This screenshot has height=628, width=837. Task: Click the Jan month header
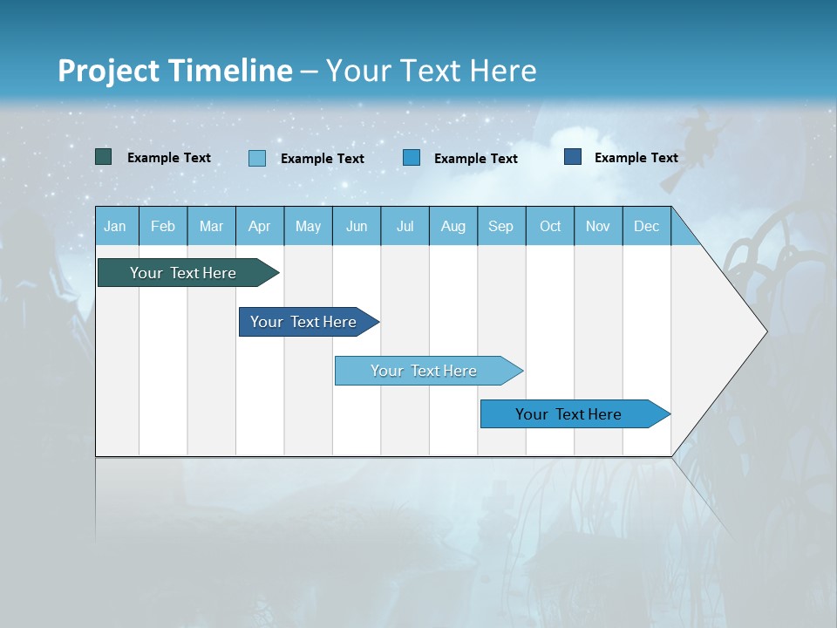click(x=115, y=227)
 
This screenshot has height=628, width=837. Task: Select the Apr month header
click(x=259, y=227)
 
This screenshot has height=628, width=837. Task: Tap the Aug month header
click(x=453, y=227)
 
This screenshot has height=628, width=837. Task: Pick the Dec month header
click(x=646, y=227)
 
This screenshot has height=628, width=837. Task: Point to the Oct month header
click(x=549, y=227)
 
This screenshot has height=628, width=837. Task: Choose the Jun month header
click(x=356, y=227)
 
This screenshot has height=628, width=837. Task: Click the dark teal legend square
click(x=104, y=157)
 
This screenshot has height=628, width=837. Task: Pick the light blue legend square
click(x=257, y=158)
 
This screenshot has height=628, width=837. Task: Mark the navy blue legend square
click(x=573, y=157)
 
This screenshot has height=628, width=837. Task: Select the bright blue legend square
click(x=412, y=158)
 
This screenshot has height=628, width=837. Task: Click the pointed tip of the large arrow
click(x=765, y=331)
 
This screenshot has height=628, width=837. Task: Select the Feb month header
click(x=163, y=227)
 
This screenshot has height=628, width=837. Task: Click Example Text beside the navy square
click(x=636, y=158)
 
